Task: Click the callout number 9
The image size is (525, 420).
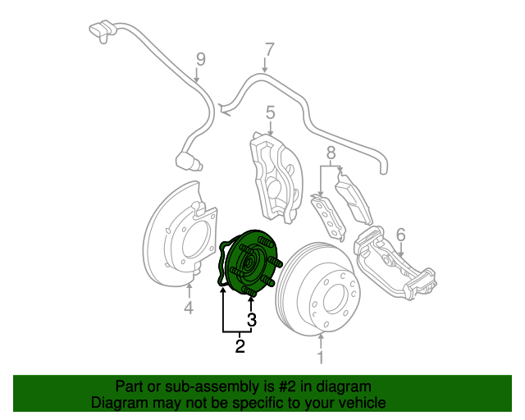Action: (x=200, y=59)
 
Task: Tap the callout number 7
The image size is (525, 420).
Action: (x=270, y=49)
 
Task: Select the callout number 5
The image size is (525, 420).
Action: (x=270, y=112)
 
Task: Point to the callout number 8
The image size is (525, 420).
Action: (x=331, y=153)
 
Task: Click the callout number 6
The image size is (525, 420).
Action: (x=401, y=235)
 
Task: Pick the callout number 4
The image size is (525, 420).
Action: (x=189, y=308)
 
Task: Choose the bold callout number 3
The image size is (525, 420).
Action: (x=252, y=320)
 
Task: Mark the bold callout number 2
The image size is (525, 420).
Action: (x=240, y=346)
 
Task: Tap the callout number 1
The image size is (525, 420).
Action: (x=321, y=358)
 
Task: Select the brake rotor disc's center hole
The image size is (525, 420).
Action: (x=335, y=299)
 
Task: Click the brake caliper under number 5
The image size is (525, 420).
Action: (x=276, y=177)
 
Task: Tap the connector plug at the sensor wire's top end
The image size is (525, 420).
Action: (x=102, y=30)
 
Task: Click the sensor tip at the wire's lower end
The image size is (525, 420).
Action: (x=189, y=162)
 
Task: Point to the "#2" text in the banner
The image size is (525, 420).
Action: (x=287, y=387)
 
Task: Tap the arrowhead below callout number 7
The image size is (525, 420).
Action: (x=265, y=70)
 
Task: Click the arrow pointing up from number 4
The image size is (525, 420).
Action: (x=189, y=290)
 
